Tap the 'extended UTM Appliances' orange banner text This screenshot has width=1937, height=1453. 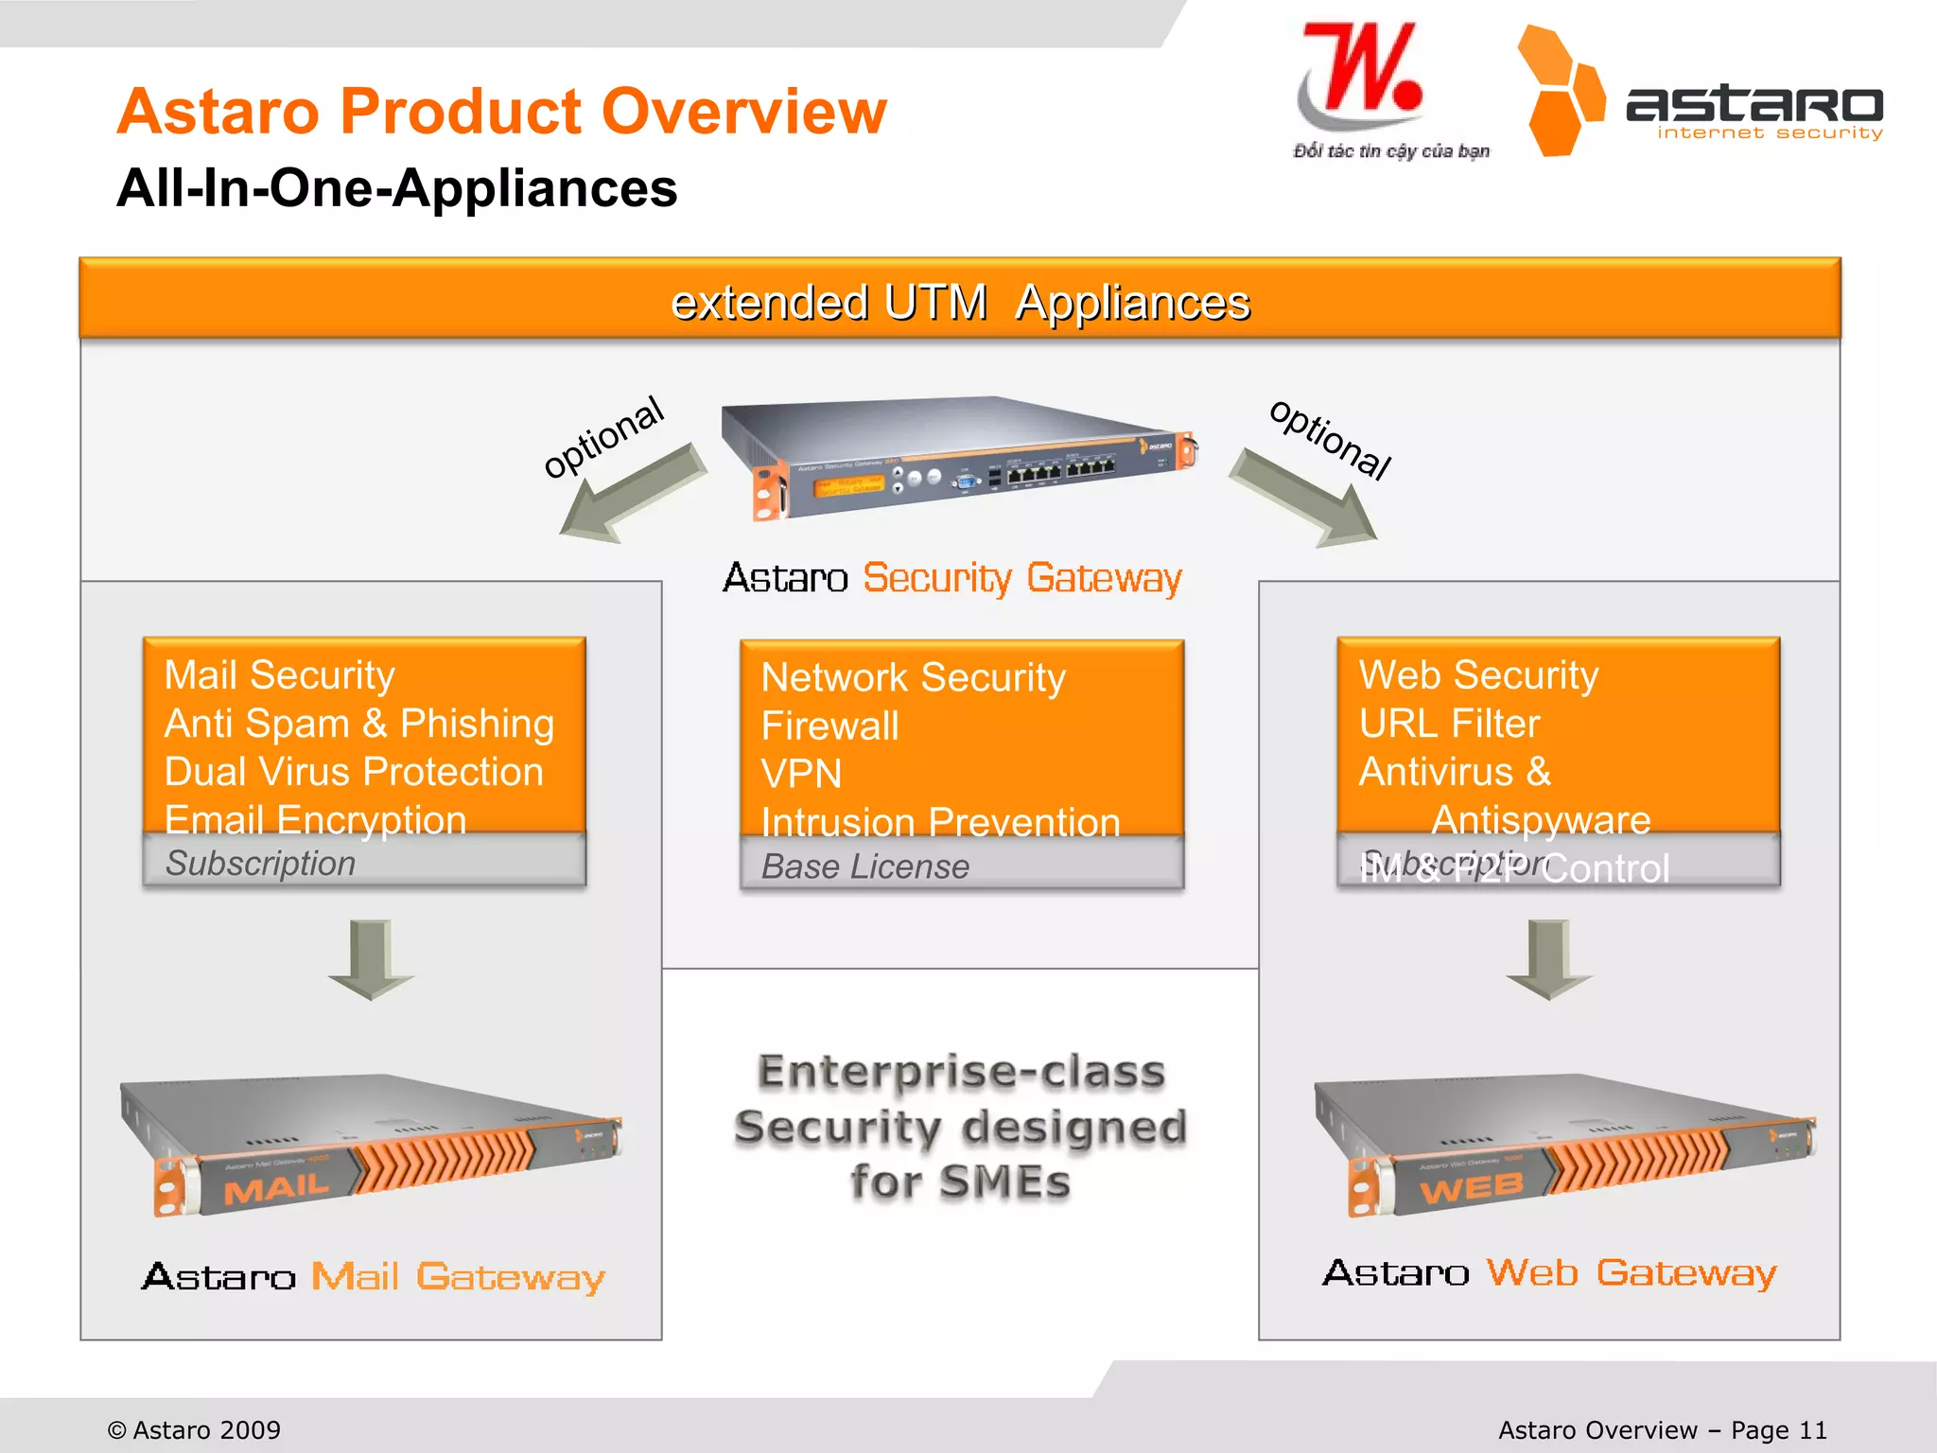coord(959,303)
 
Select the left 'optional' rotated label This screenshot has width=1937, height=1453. coord(603,437)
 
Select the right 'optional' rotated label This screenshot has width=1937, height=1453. coord(1330,439)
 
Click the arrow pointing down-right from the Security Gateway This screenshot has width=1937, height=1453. coord(1305,498)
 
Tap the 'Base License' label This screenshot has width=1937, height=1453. coord(865,867)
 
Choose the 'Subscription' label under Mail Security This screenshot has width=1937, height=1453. coord(260,863)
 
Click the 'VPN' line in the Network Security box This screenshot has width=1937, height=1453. coord(801,774)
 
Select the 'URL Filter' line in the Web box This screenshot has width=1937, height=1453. coord(1449,724)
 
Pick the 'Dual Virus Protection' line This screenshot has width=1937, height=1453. coord(354,772)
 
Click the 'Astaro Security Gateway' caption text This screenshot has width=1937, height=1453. coord(952,578)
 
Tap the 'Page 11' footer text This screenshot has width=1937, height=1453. coord(1778,1429)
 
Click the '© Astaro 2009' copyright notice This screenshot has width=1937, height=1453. coord(194,1429)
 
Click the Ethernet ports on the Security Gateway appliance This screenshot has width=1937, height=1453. coord(1059,469)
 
